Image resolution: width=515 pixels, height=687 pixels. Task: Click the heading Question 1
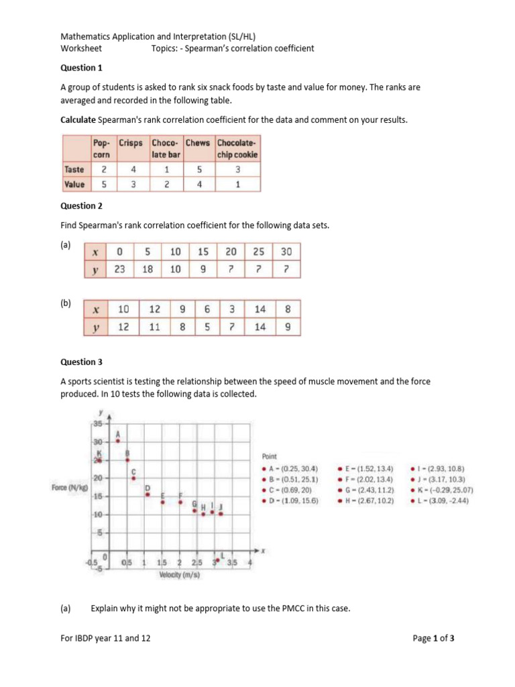[x=82, y=68]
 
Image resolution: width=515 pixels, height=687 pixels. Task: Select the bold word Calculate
[x=78, y=119]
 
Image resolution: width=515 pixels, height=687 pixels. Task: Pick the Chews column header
[x=197, y=143]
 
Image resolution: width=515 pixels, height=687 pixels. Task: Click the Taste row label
[x=74, y=170]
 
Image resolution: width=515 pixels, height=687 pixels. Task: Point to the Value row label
[x=74, y=184]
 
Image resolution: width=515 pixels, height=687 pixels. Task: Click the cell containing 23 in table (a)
[x=120, y=269]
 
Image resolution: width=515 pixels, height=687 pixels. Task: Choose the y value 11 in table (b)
[x=155, y=327]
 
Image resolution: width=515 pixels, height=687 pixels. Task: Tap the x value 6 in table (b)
[x=208, y=310]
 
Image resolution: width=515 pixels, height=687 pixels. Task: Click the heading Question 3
[x=82, y=362]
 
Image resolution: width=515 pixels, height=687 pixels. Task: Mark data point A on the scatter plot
[x=118, y=441]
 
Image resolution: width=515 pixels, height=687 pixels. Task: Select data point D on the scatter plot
[x=148, y=494]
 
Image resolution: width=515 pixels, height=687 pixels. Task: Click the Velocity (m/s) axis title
[x=178, y=575]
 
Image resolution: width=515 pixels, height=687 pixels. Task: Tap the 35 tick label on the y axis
[x=97, y=424]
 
